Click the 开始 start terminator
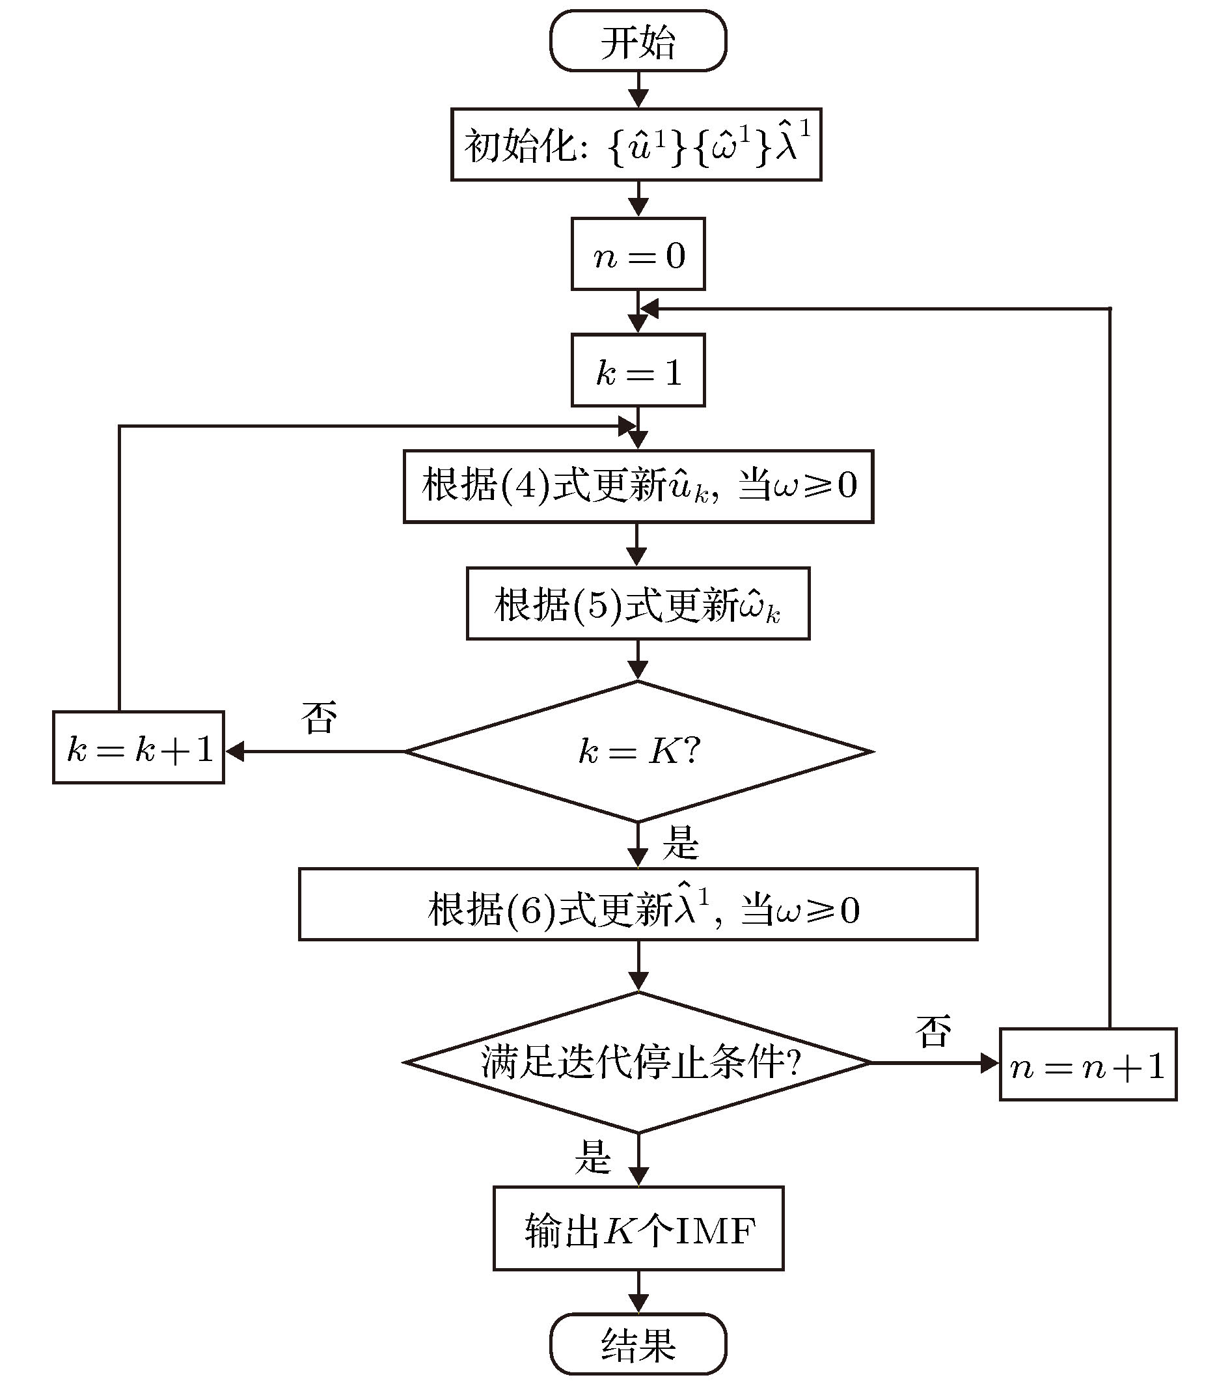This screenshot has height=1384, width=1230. pos(638,40)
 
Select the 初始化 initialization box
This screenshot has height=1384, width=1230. pos(636,145)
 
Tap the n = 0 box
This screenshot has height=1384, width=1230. pos(638,254)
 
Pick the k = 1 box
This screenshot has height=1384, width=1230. pos(638,370)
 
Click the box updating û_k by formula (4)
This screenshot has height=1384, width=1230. pos(638,486)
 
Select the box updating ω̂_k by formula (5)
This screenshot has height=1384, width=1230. pos(638,603)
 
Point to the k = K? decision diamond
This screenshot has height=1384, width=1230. pos(638,752)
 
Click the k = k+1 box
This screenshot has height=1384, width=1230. pos(139,747)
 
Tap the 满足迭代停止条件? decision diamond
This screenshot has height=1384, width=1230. pos(638,1062)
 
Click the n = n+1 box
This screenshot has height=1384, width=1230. pos(1088,1065)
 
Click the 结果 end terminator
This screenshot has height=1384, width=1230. pos(638,1344)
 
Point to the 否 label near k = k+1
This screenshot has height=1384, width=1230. pos(319,718)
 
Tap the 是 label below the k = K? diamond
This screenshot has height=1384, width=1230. pos(679,844)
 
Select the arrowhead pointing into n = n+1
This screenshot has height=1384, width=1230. pos(990,1063)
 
